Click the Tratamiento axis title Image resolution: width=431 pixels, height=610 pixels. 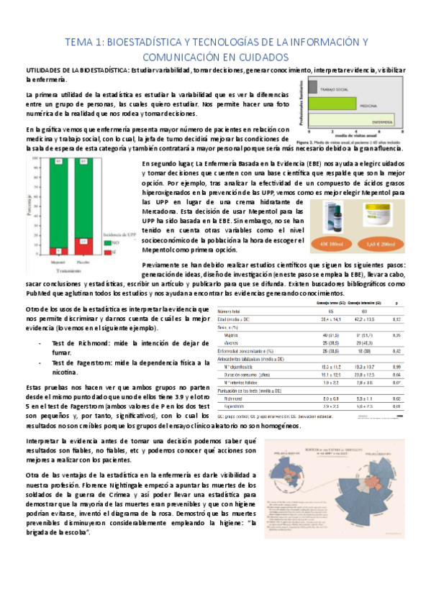pyautogui.click(x=71, y=271)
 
